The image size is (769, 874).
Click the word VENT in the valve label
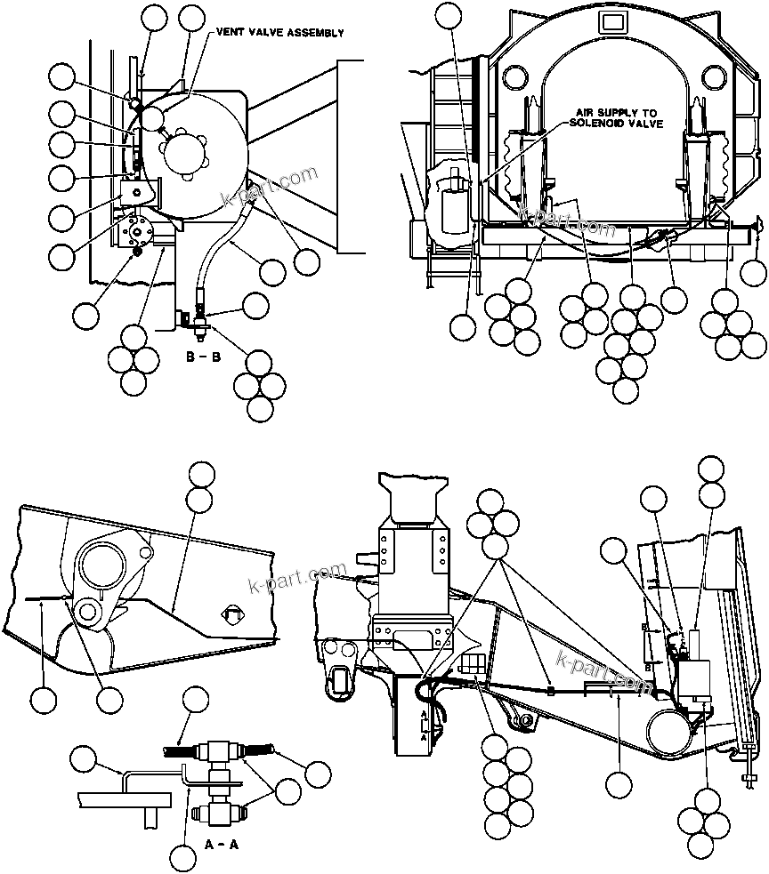[227, 33]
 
